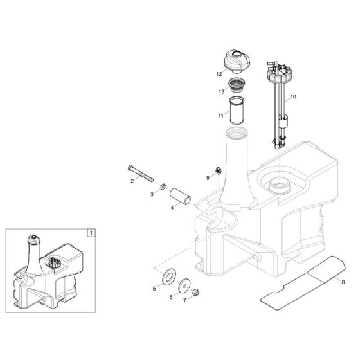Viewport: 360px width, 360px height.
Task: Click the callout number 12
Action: [219, 75]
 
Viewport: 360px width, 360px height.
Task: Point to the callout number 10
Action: [294, 97]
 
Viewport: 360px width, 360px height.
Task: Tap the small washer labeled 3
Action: [163, 185]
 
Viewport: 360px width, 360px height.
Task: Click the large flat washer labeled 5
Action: [171, 276]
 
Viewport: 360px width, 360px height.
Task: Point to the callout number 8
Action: [344, 281]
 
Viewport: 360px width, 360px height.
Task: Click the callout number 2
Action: [132, 181]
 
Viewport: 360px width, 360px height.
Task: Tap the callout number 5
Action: [154, 289]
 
